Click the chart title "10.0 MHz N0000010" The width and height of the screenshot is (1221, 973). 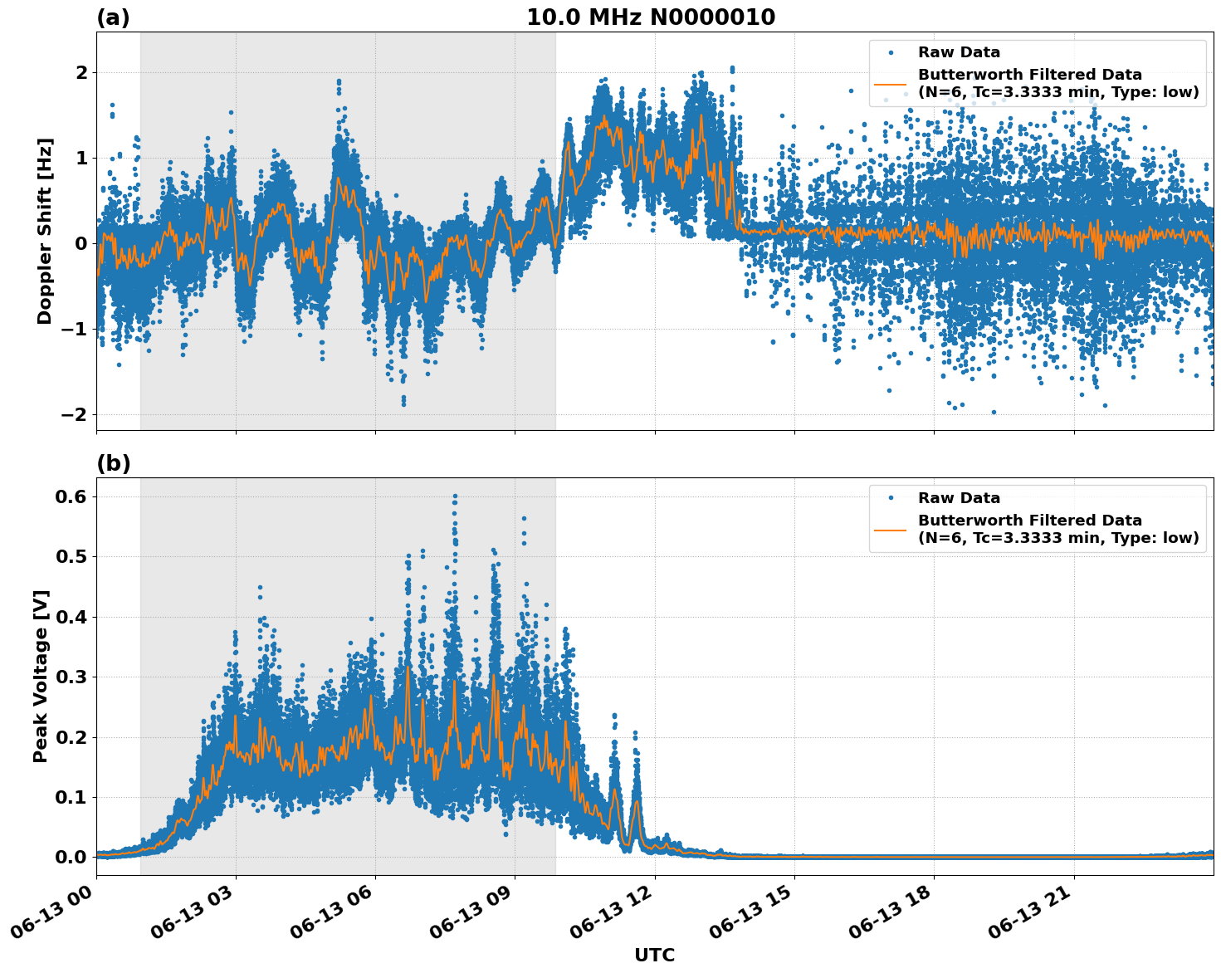click(x=651, y=17)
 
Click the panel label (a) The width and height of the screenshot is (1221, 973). click(x=113, y=17)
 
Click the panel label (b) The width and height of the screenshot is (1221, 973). click(x=113, y=463)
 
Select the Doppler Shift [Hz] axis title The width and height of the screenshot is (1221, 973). click(x=45, y=231)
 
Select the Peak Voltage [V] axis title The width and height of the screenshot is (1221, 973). click(x=41, y=676)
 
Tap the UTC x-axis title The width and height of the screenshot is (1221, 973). click(x=654, y=955)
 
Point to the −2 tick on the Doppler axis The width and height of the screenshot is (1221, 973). click(x=77, y=414)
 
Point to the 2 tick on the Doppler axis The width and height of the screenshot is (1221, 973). click(x=81, y=72)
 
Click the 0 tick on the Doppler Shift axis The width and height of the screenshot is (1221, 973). click(x=81, y=243)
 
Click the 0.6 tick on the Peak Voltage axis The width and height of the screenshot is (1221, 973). click(x=71, y=496)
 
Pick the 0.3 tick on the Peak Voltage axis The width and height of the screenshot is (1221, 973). click(x=71, y=677)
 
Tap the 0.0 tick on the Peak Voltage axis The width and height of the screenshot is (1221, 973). click(x=71, y=857)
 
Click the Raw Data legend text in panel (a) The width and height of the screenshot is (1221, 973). click(x=959, y=52)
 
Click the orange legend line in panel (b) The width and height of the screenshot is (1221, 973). click(x=890, y=529)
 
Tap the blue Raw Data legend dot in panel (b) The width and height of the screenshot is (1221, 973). click(x=890, y=498)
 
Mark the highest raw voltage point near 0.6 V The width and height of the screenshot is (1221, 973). click(x=455, y=496)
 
